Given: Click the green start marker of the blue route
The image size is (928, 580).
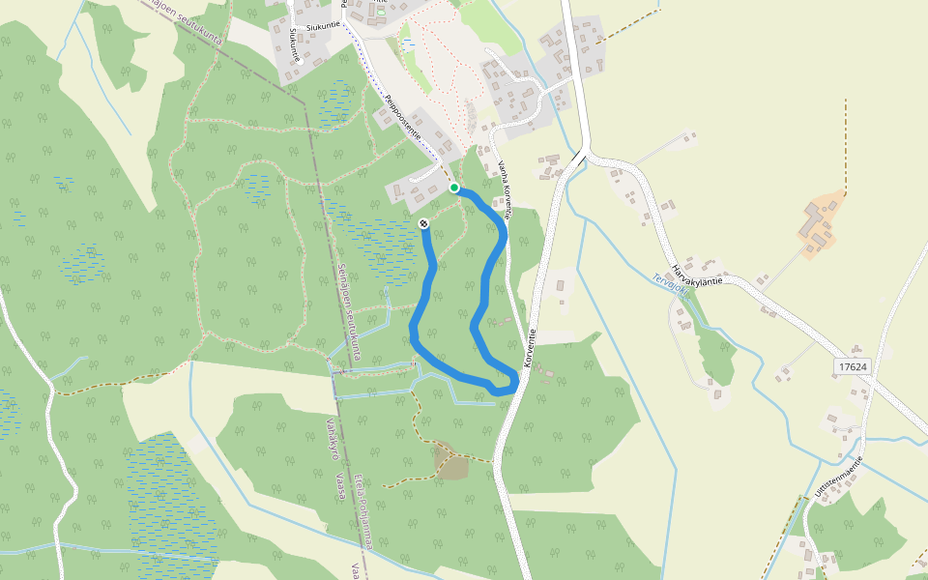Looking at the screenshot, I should click(454, 188).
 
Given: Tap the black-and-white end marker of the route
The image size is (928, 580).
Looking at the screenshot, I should click(423, 224).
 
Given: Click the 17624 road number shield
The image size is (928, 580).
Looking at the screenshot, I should click(854, 367).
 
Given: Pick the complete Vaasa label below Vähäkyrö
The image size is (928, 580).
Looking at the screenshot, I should click(340, 485).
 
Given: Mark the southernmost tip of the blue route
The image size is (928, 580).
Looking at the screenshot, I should click(502, 391).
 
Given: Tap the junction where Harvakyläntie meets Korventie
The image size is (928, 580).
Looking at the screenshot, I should click(582, 154).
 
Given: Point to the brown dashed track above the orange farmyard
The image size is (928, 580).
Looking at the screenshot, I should click(845, 145).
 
